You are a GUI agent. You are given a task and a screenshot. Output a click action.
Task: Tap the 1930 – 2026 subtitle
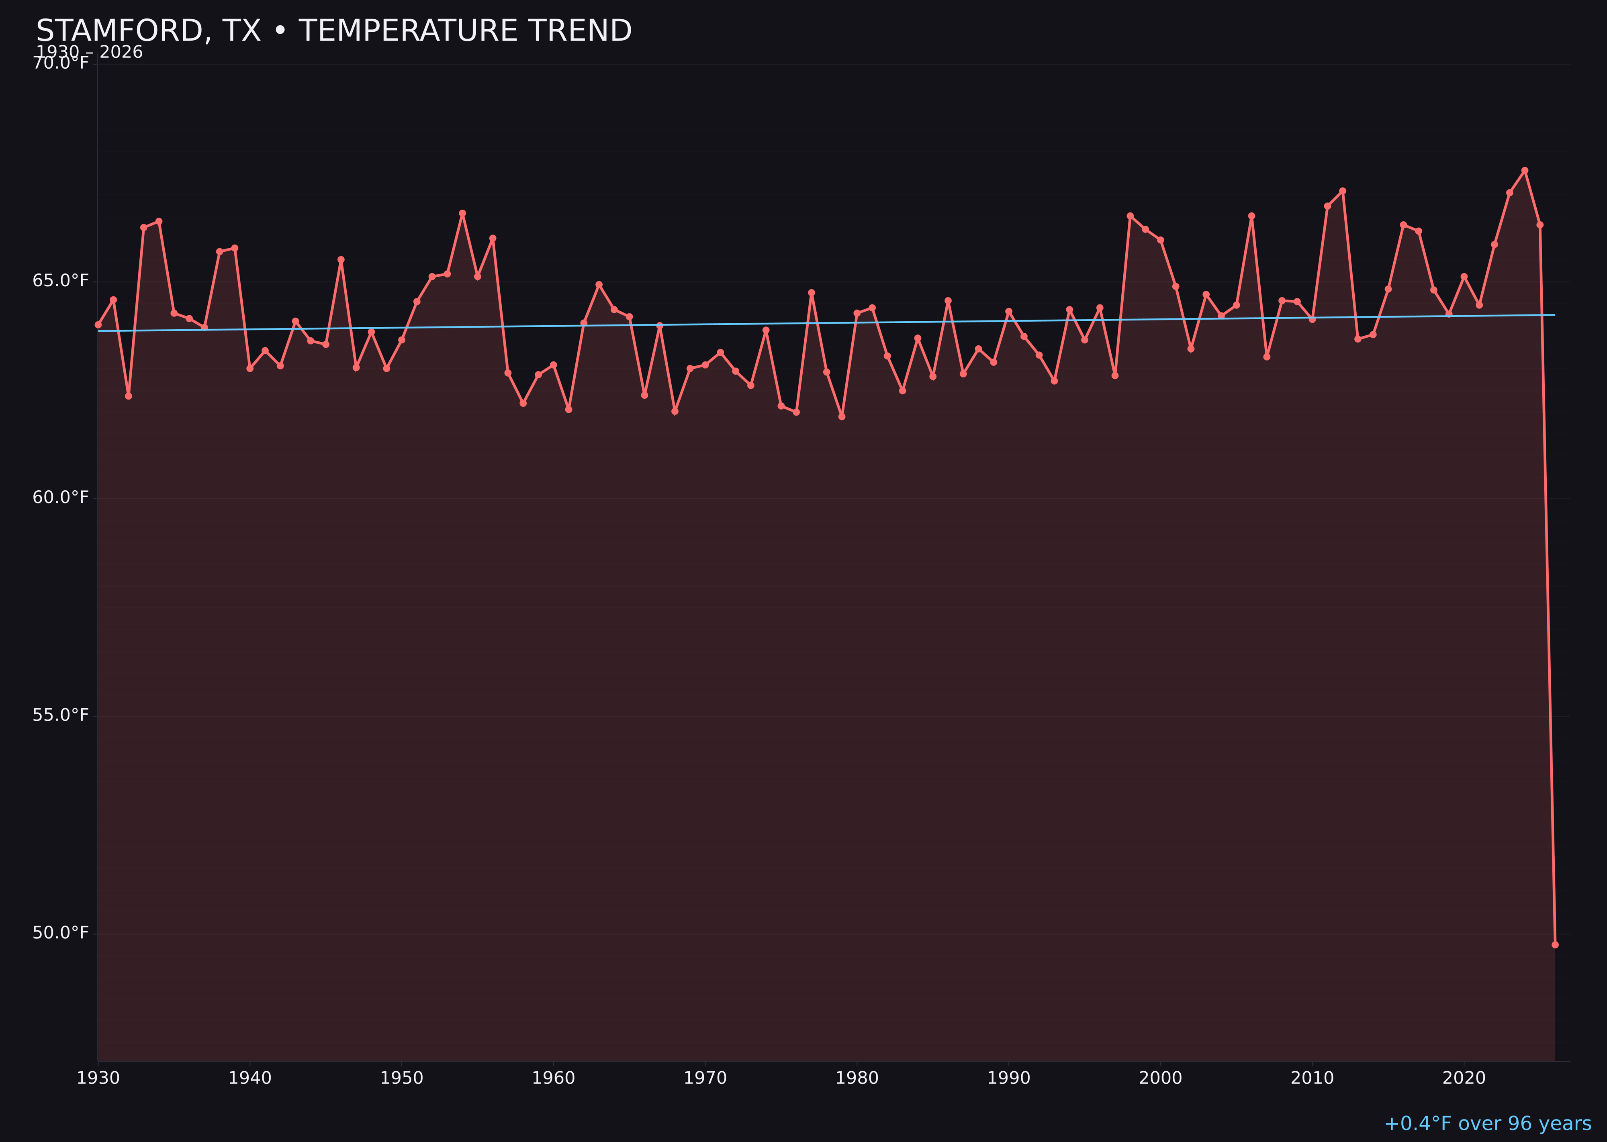coord(89,53)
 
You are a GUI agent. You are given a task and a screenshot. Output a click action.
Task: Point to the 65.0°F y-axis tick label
coord(61,281)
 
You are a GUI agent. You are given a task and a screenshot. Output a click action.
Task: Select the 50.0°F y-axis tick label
coord(61,932)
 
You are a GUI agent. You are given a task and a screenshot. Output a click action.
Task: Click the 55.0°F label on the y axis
coord(61,715)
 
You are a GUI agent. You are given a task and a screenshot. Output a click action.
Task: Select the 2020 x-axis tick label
coord(1464,1078)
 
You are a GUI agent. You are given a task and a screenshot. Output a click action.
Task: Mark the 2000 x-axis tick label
coord(1160,1078)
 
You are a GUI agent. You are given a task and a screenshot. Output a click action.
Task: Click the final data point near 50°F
coord(1555,944)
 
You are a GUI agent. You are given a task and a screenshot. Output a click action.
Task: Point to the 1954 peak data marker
coord(462,213)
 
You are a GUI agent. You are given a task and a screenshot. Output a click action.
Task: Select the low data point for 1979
coord(842,416)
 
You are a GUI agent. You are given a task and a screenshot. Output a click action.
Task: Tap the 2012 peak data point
coord(1343,191)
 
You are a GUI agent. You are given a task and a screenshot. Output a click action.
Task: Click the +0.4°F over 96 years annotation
coord(1487,1124)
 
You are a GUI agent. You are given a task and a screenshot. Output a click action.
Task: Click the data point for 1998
coord(1130,216)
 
